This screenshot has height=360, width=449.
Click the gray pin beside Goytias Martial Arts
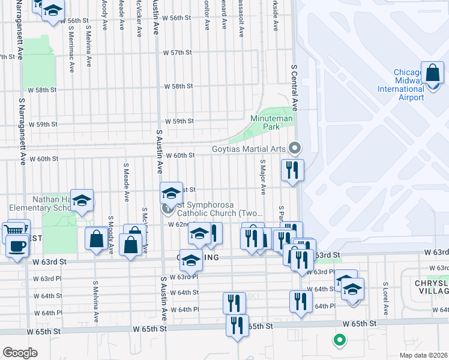294,147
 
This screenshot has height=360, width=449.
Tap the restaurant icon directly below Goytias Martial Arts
292,169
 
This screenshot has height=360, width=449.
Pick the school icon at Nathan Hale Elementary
82,200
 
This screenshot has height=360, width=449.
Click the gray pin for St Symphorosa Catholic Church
167,209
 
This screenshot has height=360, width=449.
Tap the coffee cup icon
17,247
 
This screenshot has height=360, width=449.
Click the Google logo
19,353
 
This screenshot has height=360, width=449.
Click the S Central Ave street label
295,88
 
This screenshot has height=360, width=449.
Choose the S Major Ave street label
262,177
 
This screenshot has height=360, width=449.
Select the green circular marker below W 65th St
340,341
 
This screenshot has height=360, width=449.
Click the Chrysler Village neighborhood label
430,287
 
